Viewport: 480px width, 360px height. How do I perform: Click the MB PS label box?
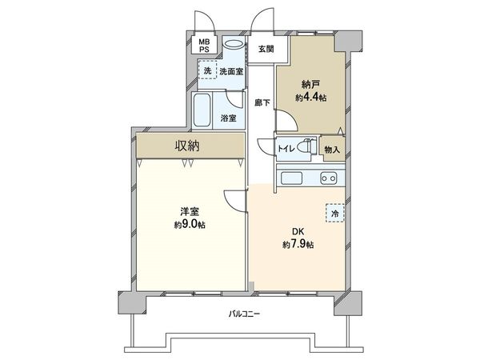pos(205,45)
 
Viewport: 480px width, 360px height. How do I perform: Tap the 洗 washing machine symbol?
pos(208,72)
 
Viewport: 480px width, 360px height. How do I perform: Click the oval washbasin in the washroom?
pos(234,46)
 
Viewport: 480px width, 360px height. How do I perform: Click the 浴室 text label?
pos(228,118)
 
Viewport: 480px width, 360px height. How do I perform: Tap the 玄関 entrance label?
pos(266,49)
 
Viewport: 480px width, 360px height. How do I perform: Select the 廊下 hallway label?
pos(262,102)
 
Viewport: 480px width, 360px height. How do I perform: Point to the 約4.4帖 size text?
pos(311,97)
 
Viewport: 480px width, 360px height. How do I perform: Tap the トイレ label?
pos(286,148)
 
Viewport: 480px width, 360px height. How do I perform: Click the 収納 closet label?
pos(188,146)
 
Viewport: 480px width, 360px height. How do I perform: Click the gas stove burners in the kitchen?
pos(328,177)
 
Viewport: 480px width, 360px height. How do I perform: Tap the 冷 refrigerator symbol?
pos(335,214)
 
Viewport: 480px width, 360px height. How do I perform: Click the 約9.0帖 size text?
pos(189,225)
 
